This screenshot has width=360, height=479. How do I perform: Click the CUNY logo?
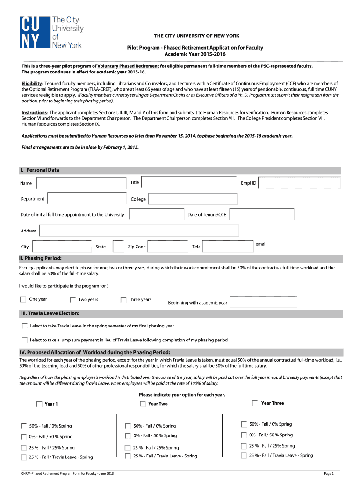[x=51, y=32]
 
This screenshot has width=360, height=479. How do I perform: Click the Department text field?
[x=87, y=199]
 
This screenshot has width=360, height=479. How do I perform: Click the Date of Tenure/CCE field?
[x=262, y=215]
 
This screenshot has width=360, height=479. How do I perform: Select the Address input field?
[x=139, y=231]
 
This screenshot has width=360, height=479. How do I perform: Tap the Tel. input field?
[x=228, y=247]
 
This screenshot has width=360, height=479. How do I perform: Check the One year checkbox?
[x=23, y=299]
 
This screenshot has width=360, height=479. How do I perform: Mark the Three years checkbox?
[x=123, y=300]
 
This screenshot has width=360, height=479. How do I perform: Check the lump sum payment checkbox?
[x=24, y=340]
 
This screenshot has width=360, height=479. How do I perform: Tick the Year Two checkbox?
[x=143, y=403]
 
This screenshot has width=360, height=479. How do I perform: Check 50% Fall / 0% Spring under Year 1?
[x=23, y=426]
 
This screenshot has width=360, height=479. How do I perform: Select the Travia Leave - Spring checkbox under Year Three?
[x=244, y=455]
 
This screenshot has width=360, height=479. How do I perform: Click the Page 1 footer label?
[x=329, y=473]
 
